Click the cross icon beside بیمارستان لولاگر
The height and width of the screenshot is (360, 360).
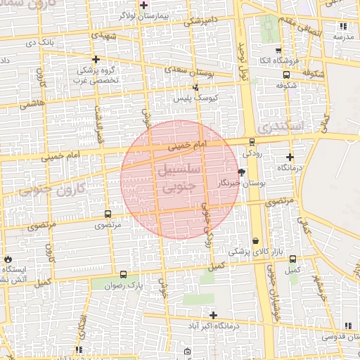[143, 5]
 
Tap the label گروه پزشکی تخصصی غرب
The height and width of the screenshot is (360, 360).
[97, 75]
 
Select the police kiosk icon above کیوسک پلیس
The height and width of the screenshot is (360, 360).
[196, 87]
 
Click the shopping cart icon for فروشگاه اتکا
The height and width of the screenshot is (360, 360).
[279, 50]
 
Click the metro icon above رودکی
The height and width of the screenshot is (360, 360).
[252, 141]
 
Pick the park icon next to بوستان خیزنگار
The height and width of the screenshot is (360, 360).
[242, 172]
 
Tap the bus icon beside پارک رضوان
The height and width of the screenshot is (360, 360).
[124, 275]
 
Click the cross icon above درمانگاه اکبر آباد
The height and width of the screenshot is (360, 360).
[213, 314]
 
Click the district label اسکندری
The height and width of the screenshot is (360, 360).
[279, 127]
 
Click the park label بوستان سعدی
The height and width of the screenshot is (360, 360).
[184, 70]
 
